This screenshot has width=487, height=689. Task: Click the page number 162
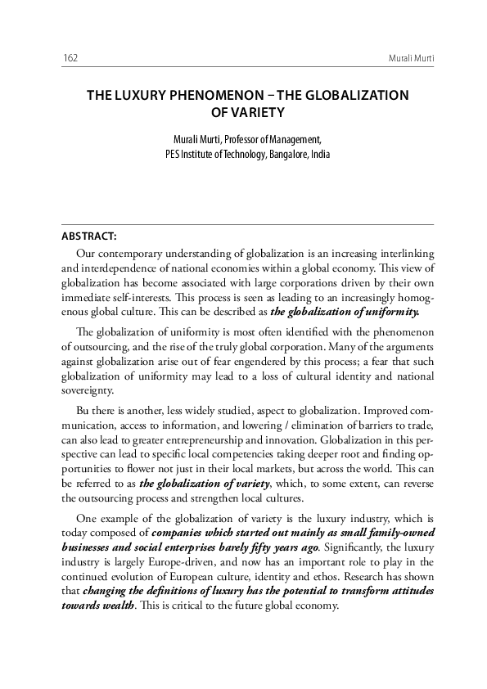point(70,59)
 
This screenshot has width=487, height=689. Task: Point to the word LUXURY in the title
point(138,95)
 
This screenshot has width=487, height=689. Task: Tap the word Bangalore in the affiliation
point(291,153)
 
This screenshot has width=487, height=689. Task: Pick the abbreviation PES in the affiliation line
point(172,153)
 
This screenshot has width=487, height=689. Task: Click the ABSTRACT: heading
point(88,236)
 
